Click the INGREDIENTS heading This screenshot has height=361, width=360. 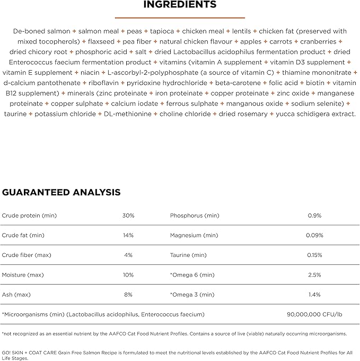coord(180,5)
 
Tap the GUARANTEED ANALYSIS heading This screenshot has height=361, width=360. coord(61,192)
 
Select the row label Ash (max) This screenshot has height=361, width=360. coord(16,295)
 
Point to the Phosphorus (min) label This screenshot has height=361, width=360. coord(194,216)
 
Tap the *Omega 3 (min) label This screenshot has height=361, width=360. coord(192,295)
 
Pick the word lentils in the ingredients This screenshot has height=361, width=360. coord(242,31)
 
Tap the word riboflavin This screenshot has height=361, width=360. coord(103,83)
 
